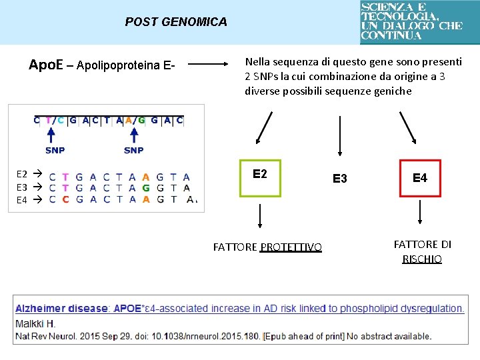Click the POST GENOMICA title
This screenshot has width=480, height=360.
coord(176,22)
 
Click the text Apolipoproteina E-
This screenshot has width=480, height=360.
coord(126,65)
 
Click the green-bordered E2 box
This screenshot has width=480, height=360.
coord(260,178)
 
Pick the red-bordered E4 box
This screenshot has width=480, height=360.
coord(420,178)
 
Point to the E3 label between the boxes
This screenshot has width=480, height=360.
coord(340,179)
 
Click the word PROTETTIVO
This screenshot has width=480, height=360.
coord(291,247)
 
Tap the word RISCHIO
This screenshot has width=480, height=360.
coord(422,259)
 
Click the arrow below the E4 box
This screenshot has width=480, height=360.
coord(420,213)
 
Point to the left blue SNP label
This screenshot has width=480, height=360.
coord(55,150)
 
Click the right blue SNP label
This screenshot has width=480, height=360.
coord(133,150)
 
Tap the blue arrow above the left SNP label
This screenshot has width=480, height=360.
coord(55,136)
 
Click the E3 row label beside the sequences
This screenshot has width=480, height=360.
coord(22,187)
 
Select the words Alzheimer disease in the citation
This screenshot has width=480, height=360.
coord(61,309)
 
